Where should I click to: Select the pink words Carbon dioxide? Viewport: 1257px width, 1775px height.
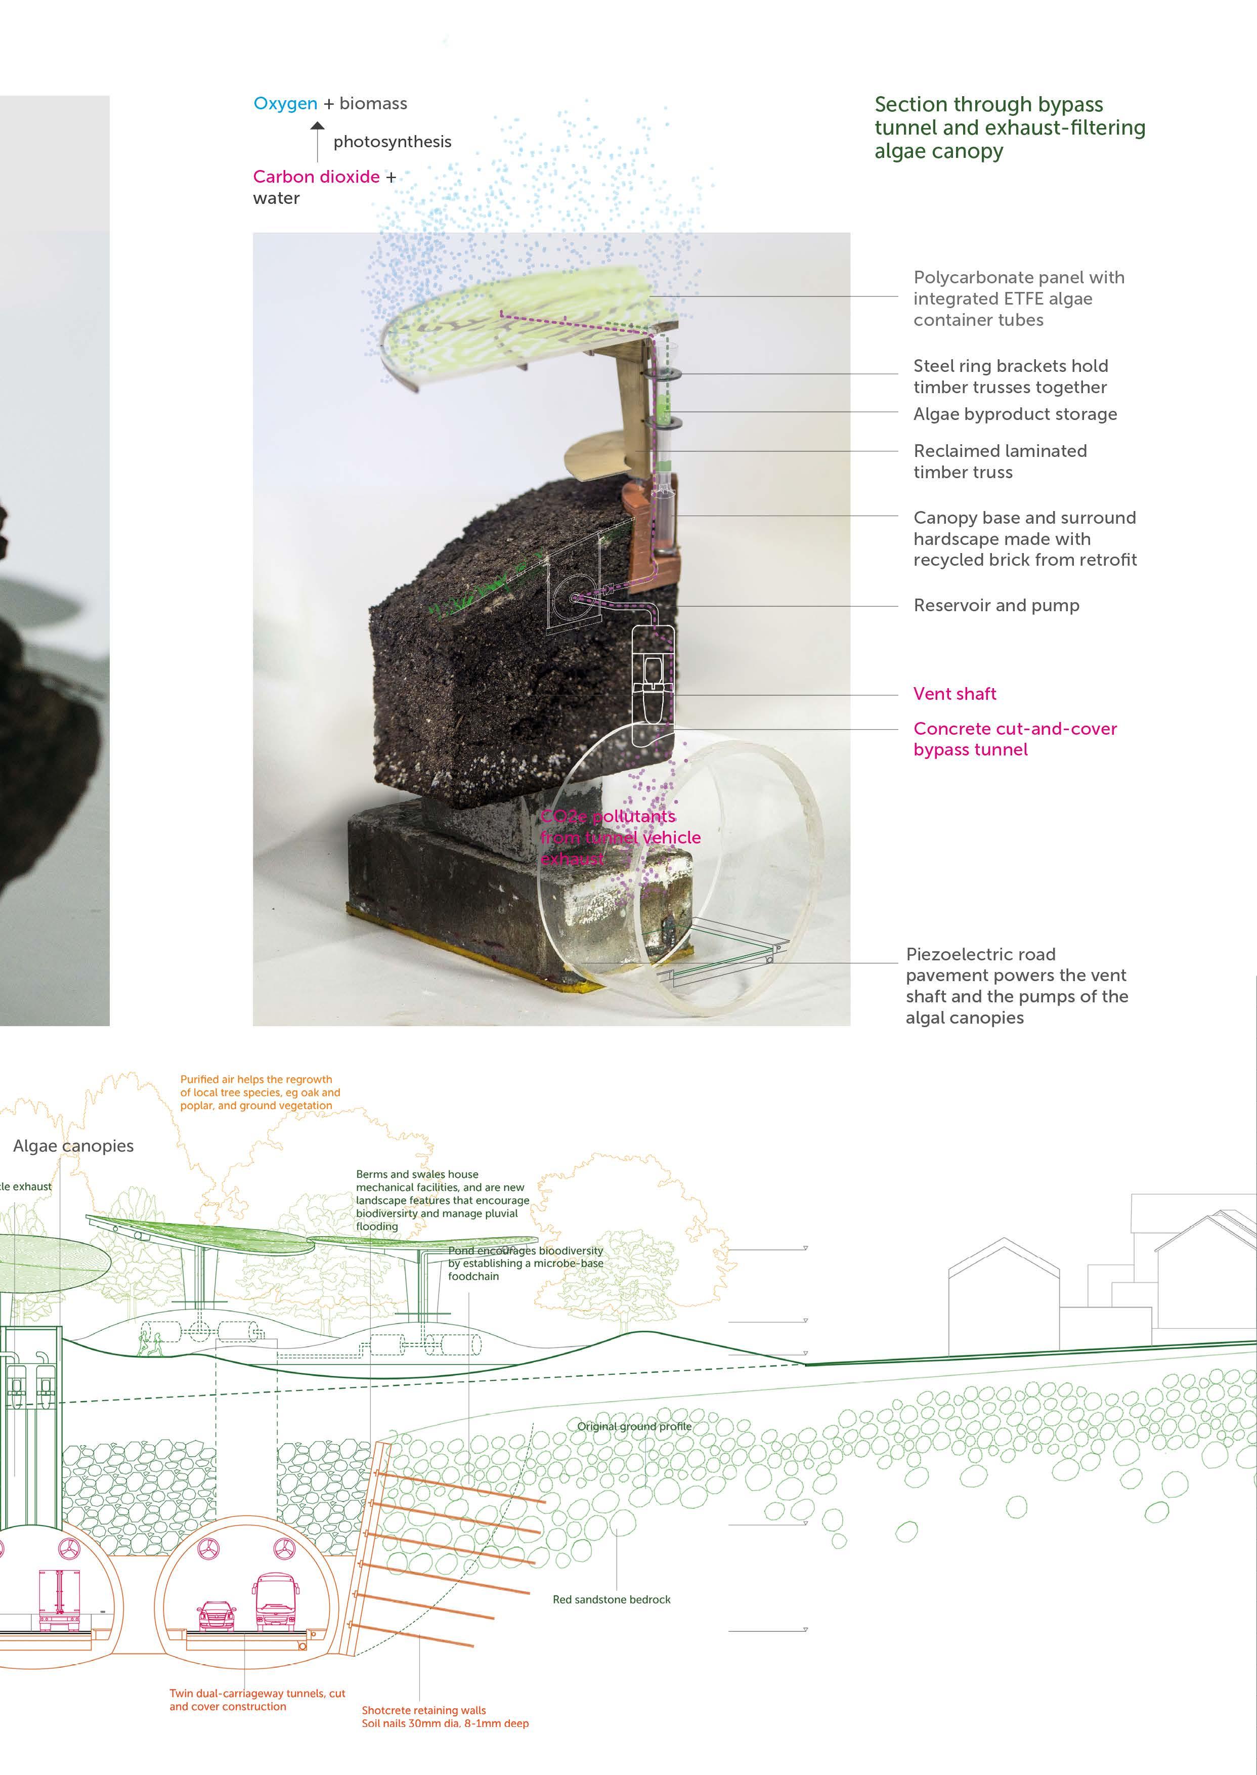[316, 177]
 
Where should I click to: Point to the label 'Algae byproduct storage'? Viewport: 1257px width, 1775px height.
[1015, 414]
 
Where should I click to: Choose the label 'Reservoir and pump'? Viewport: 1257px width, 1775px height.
[996, 605]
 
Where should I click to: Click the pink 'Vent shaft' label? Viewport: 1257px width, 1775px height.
[955, 694]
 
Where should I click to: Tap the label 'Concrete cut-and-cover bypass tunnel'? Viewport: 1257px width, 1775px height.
[1015, 738]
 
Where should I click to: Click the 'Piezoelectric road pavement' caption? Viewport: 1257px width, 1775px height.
[1016, 986]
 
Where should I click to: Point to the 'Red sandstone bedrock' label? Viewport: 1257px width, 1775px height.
[612, 1599]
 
